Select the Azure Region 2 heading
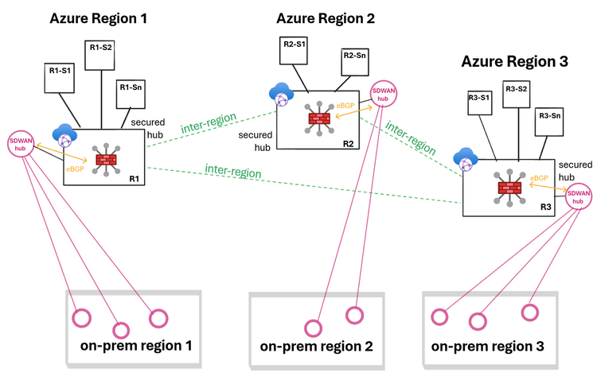326,17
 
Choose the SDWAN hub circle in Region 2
384,95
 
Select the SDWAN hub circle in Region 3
579,195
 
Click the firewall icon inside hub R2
317,118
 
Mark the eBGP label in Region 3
539,178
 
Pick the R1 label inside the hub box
134,178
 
